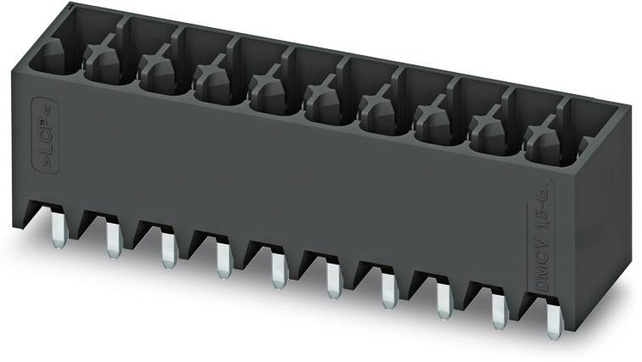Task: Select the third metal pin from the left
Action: pos(168,249)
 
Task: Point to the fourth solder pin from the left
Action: pos(223,259)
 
